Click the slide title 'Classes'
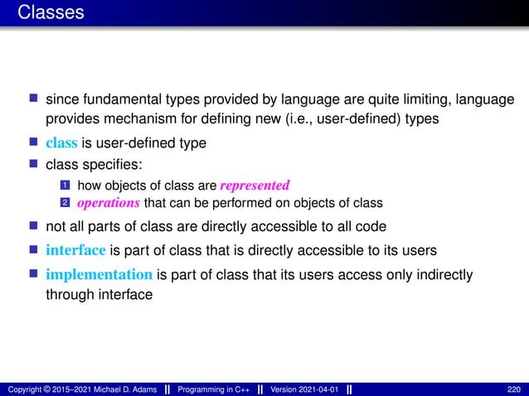(51, 12)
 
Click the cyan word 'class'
(61, 142)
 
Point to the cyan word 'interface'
(75, 250)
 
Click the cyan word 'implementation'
(99, 274)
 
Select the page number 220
(514, 389)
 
